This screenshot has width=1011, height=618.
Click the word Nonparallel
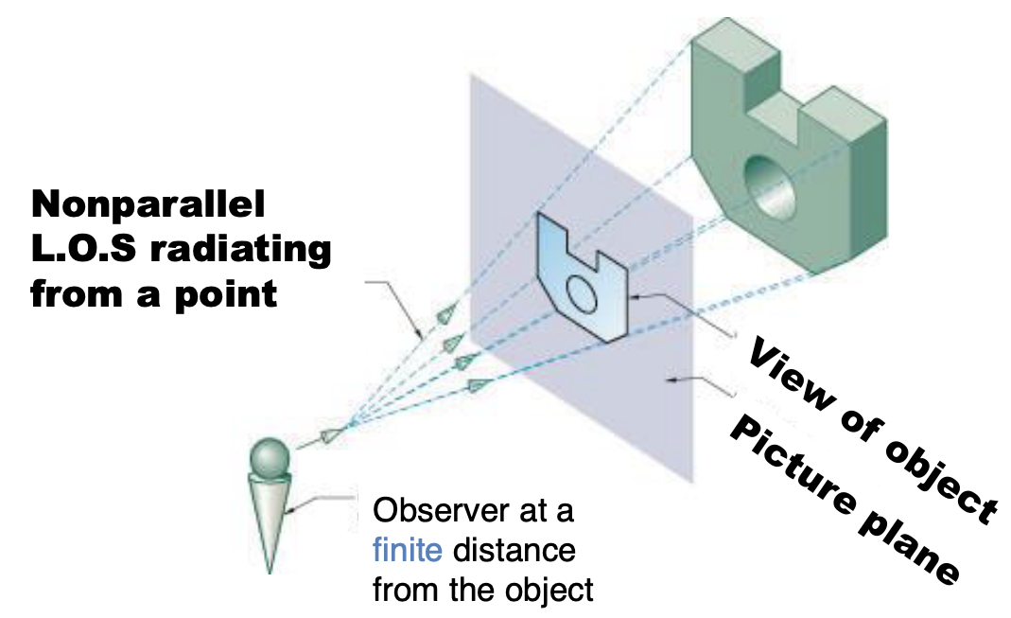coord(149,205)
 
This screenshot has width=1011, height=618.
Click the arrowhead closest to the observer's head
coord(330,434)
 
